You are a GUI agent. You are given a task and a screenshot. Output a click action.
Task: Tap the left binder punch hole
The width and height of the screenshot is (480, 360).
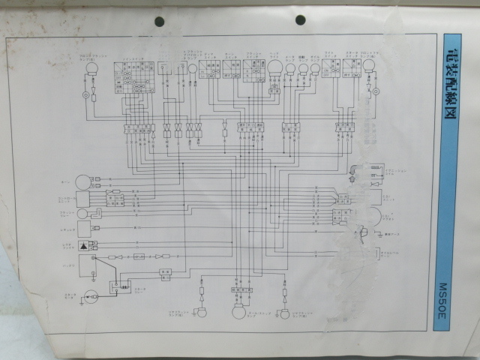(x=159, y=20)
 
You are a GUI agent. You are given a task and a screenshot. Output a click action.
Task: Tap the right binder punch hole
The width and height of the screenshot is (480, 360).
(x=300, y=19)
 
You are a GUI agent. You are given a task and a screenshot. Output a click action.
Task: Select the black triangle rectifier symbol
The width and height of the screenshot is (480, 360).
(x=84, y=245)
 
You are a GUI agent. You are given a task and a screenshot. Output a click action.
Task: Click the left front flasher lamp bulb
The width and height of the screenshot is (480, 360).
(x=92, y=69)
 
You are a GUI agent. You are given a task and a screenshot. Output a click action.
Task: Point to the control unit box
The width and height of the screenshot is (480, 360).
(x=82, y=199)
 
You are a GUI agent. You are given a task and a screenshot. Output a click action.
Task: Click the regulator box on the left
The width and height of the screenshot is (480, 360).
(x=83, y=229)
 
